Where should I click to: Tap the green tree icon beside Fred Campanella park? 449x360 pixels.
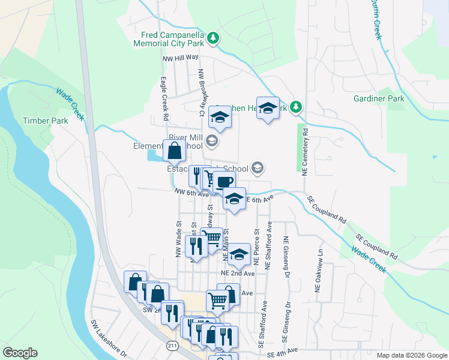click(x=213, y=39)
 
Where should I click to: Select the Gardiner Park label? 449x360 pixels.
click(x=379, y=98)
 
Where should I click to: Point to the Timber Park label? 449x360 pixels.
click(x=46, y=120)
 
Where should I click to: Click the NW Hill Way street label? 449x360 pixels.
click(x=180, y=58)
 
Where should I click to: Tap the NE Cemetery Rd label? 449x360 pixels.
click(x=305, y=150)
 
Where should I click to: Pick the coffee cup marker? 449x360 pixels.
click(x=224, y=182)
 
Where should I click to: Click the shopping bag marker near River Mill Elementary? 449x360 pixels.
click(x=173, y=152)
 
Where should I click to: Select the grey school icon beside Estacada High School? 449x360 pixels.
click(x=258, y=167)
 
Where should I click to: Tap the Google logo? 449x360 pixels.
click(x=20, y=353)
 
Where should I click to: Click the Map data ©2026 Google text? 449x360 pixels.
click(x=411, y=355)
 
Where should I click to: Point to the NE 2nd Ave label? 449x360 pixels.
click(x=238, y=272)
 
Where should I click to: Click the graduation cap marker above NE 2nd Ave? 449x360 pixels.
click(x=239, y=255)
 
